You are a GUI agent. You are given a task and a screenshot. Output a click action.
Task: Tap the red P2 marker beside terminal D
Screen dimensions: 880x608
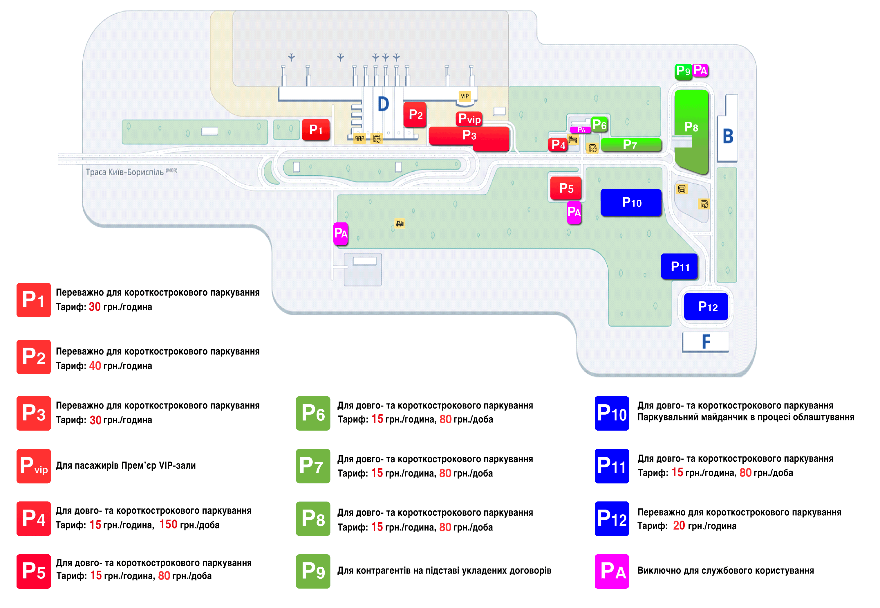[x=415, y=114]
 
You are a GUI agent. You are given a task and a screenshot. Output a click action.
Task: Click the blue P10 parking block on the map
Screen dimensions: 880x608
[x=631, y=202]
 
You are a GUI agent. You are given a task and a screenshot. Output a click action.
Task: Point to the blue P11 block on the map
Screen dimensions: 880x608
[x=680, y=266]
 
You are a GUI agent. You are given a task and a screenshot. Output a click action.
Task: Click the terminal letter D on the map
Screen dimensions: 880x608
[x=383, y=104]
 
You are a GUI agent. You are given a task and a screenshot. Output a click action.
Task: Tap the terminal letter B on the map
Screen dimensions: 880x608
[x=728, y=136]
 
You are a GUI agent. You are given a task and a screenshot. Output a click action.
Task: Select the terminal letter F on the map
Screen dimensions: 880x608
[x=706, y=342]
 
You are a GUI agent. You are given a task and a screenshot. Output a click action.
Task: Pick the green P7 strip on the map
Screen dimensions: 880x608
[x=631, y=145]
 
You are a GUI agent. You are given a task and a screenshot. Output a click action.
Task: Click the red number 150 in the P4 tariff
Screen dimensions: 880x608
[x=168, y=525]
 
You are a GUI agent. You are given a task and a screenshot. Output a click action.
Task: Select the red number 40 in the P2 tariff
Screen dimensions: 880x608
[x=95, y=366]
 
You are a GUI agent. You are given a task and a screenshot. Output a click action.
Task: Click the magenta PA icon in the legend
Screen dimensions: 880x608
[x=612, y=571]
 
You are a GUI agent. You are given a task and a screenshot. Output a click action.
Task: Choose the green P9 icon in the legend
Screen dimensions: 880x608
[x=313, y=571]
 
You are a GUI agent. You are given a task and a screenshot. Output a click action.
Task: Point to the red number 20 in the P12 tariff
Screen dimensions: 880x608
[x=679, y=526]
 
